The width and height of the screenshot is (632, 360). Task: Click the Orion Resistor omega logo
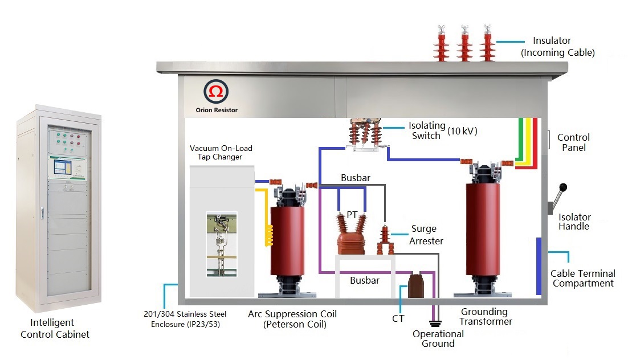(216, 92)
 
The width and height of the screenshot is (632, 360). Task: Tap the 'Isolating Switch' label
(425, 130)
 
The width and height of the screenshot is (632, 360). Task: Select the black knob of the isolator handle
(564, 187)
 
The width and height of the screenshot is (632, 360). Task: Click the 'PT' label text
(352, 215)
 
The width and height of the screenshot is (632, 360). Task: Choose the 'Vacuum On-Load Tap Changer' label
(221, 153)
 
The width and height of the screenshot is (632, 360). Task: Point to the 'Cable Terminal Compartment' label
(582, 279)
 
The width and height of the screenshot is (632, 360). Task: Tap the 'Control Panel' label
(573, 142)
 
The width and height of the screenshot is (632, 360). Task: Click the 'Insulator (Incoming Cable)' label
(557, 47)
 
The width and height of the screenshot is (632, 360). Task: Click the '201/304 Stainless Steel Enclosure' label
(185, 319)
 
